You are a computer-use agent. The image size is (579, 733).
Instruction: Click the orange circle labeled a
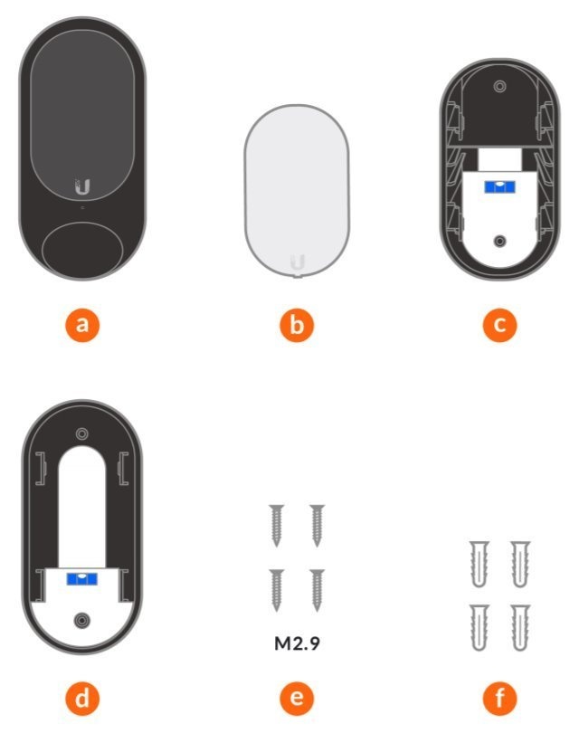coord(82,325)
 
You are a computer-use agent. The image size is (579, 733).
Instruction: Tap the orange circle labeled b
coord(297,325)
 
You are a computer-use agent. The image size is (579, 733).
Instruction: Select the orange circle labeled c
coord(499,325)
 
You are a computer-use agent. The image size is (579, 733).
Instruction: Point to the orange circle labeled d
coord(82,699)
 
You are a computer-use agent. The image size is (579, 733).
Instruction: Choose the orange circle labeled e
coord(297,699)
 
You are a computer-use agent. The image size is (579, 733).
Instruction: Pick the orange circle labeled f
coord(499,699)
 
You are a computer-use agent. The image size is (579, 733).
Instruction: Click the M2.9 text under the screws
coord(297,643)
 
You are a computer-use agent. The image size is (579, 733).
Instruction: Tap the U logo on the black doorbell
coord(82,187)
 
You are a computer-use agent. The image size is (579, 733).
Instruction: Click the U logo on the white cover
coord(298,262)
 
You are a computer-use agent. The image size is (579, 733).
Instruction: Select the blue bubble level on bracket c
coord(499,187)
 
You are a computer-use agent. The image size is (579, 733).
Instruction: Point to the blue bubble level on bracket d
coord(81,579)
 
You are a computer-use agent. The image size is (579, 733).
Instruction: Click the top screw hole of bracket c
coord(499,87)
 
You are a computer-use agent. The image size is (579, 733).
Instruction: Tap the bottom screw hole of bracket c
coord(499,242)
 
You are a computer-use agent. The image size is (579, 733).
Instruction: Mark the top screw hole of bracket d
coord(81,433)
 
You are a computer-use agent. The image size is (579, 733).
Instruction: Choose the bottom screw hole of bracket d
coord(82,621)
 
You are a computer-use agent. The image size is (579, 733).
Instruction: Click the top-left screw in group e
coord(276,526)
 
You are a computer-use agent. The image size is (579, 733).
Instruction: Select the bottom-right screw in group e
coord(318,590)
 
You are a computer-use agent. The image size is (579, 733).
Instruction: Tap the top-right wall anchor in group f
coord(519,565)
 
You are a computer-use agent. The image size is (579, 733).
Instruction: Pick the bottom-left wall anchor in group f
coord(479,627)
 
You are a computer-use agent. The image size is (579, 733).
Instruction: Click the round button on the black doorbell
coord(82,250)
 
